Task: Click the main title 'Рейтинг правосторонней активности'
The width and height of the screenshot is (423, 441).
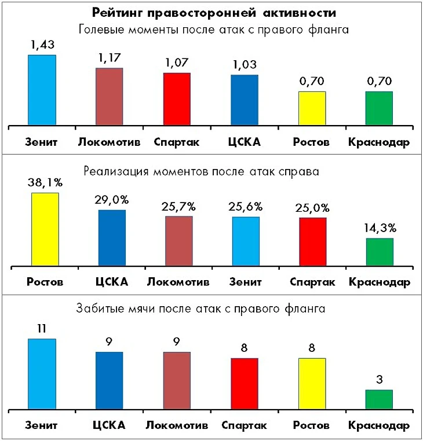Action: (211, 12)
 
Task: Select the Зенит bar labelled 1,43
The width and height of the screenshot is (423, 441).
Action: (42, 90)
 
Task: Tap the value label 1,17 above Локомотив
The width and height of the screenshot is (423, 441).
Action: (110, 58)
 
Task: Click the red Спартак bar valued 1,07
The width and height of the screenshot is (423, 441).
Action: (177, 98)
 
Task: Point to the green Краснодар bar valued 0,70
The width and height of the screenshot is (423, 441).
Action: (379, 108)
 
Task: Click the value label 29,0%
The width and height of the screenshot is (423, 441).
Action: (112, 200)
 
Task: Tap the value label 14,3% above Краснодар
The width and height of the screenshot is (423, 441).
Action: (380, 228)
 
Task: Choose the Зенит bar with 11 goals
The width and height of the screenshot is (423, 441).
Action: (42, 374)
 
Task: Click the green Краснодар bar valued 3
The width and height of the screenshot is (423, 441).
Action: (379, 399)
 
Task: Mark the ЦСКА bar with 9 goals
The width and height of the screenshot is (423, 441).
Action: (110, 380)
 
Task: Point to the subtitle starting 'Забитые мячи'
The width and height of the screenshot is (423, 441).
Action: (200, 308)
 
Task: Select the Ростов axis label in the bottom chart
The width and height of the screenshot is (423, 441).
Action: (312, 426)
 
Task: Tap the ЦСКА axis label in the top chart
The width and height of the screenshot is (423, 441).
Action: (245, 142)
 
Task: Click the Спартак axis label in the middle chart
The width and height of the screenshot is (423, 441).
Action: (312, 282)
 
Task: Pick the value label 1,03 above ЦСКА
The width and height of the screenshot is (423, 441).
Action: (245, 64)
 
